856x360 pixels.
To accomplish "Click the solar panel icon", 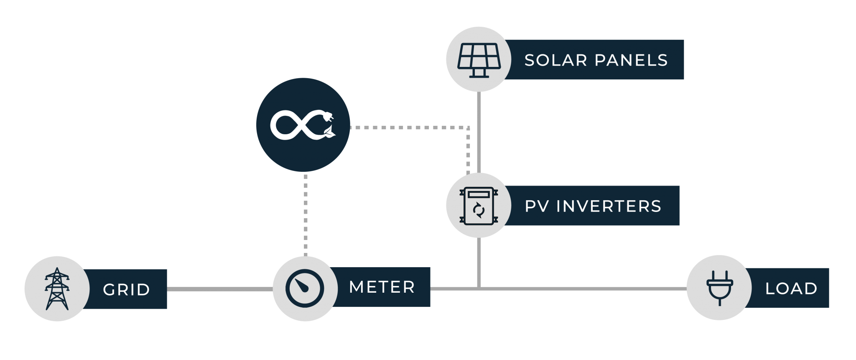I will point(479,59).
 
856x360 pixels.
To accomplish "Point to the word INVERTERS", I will point(609,206).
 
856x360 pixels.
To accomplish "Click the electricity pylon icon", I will point(57,289).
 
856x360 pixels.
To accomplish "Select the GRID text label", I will point(126,289).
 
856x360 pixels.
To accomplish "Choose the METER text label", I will point(382,287).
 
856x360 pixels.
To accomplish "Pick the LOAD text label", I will point(791,289).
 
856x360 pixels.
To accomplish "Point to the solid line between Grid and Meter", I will point(219,289).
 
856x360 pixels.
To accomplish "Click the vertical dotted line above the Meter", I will point(306,213).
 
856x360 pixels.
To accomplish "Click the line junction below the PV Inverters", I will point(479,288).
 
